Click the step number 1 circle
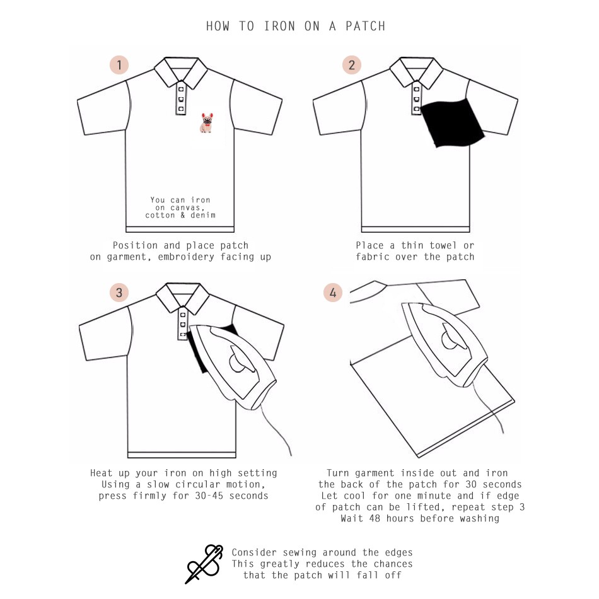[x=119, y=65]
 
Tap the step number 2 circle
[x=351, y=65]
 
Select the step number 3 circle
[x=119, y=293]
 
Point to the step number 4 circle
[x=333, y=293]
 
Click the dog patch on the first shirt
[x=207, y=122]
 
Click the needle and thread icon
[x=204, y=564]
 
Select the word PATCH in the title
[x=365, y=26]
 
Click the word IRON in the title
[x=279, y=26]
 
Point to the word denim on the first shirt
[x=203, y=215]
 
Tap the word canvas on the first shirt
[x=187, y=208]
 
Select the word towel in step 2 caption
[x=443, y=245]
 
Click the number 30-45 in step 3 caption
[x=209, y=496]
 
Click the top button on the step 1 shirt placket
[x=181, y=90]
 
